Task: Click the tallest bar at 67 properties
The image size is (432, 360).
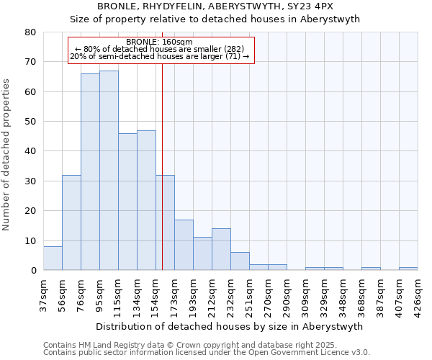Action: tap(109, 171)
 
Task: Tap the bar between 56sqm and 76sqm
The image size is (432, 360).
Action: tap(71, 222)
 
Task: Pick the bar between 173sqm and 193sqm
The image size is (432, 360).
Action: tap(184, 245)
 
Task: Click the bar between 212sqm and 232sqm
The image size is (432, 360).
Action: tap(221, 249)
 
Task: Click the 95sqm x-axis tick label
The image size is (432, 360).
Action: tap(99, 296)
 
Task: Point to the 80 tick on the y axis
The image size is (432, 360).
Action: tap(31, 32)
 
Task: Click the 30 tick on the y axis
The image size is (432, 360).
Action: tap(31, 181)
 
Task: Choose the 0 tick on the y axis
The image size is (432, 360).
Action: tap(34, 270)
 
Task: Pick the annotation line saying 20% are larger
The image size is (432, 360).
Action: tap(160, 56)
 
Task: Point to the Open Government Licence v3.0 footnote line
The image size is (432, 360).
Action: tap(207, 353)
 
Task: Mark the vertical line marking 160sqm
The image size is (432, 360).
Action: tap(162, 166)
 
